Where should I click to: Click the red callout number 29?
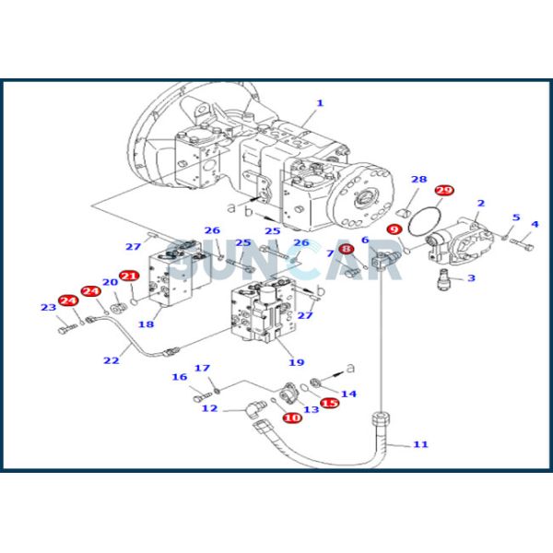tap(444, 191)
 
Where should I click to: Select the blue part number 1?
tap(320, 103)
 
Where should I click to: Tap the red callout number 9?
tap(394, 229)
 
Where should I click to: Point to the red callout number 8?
tap(347, 249)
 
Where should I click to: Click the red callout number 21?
tap(129, 276)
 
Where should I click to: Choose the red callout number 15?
tap(330, 403)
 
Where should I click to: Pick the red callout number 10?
tap(292, 418)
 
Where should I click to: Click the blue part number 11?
tap(420, 444)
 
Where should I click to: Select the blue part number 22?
tap(112, 360)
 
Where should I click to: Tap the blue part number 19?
tap(296, 362)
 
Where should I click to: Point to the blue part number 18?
tap(146, 324)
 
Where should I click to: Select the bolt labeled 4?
tap(523, 243)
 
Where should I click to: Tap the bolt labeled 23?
tap(67, 329)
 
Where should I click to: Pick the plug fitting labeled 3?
tap(443, 278)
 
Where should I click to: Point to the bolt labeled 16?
tap(203, 397)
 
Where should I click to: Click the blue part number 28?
tap(419, 180)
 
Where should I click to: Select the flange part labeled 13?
tap(289, 393)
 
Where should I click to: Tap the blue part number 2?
tap(481, 204)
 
